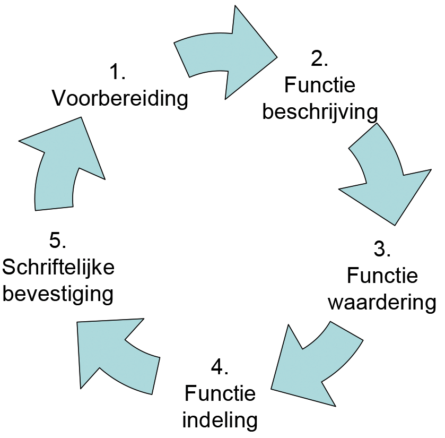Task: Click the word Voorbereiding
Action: (120, 98)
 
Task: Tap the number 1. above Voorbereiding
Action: (117, 71)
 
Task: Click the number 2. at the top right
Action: (319, 58)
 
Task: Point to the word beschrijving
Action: (320, 113)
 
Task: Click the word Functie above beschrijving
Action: (320, 85)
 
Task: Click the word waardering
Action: (382, 303)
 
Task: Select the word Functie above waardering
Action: (382, 276)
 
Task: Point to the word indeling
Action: (220, 420)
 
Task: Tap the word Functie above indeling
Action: (220, 393)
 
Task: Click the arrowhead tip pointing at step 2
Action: (276, 55)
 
